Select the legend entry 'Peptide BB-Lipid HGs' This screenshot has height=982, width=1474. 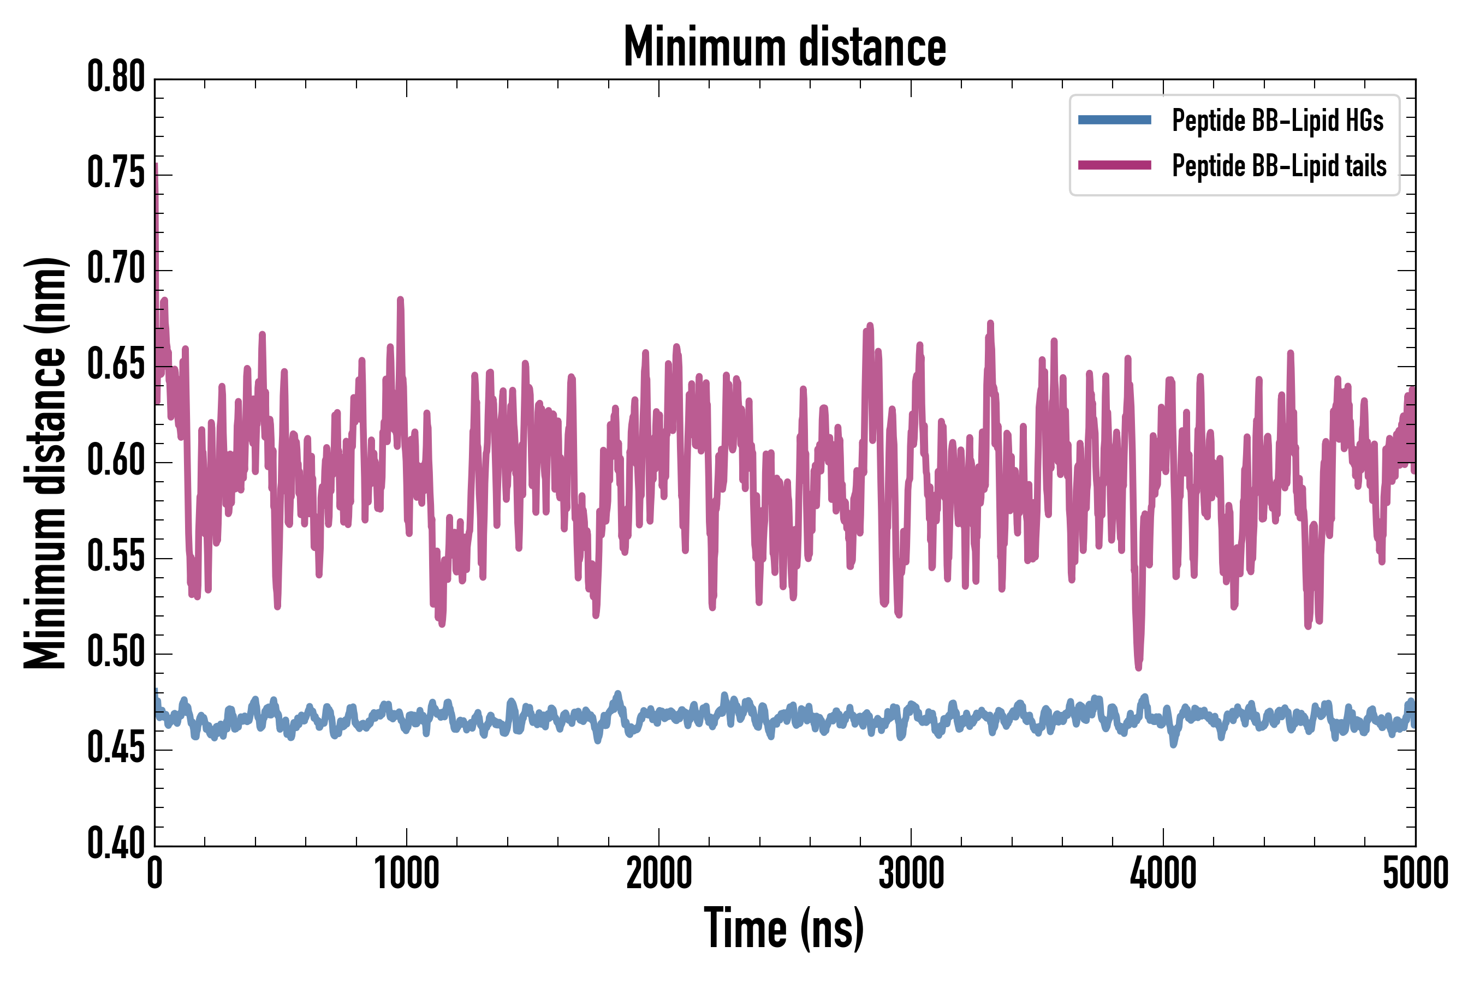[1277, 120]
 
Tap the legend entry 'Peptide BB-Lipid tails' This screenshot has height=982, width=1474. [1279, 166]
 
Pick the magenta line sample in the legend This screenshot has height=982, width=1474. [1114, 165]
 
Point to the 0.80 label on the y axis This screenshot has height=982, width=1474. [116, 77]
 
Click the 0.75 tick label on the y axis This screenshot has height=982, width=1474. [116, 173]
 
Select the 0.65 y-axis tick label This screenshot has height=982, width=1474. [116, 364]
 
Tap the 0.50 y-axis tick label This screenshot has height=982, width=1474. [116, 652]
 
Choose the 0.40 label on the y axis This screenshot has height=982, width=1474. [116, 843]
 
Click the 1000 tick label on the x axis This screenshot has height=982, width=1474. [407, 873]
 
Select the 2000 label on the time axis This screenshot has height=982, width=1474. [659, 873]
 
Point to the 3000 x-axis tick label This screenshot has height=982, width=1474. [911, 873]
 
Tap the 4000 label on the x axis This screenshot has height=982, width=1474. [1163, 873]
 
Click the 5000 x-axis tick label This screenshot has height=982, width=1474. [1415, 873]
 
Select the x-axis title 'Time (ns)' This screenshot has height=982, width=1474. [784, 929]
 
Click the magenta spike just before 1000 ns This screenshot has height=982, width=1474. [401, 301]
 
